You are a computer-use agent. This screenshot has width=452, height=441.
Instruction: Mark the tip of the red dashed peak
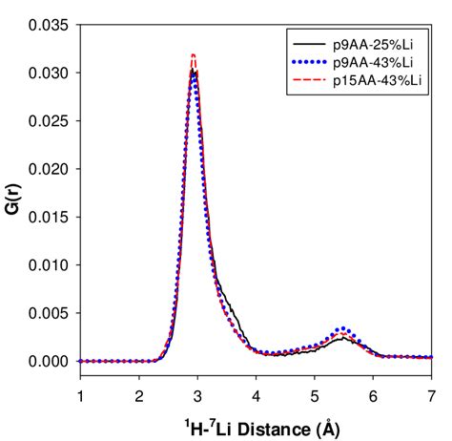(194, 55)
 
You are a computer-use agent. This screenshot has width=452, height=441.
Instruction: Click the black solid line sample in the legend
(307, 44)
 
